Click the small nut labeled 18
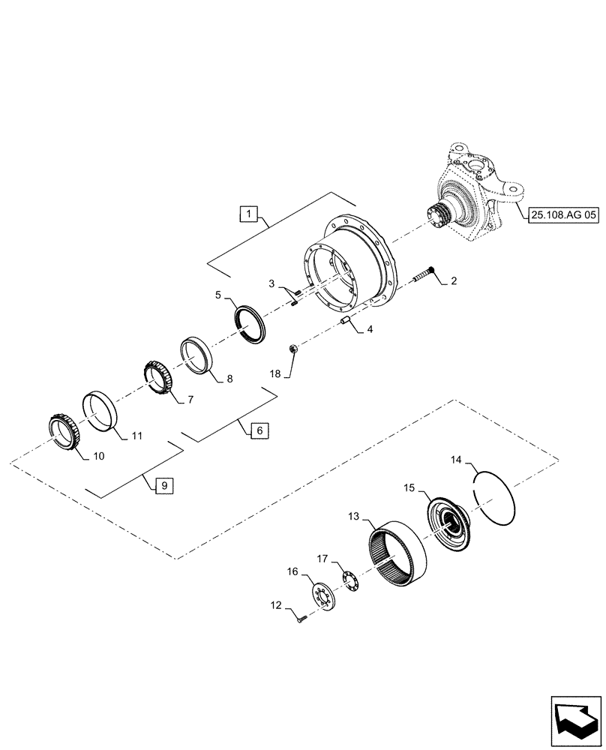295,348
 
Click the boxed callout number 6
257,430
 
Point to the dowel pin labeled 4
346,322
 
